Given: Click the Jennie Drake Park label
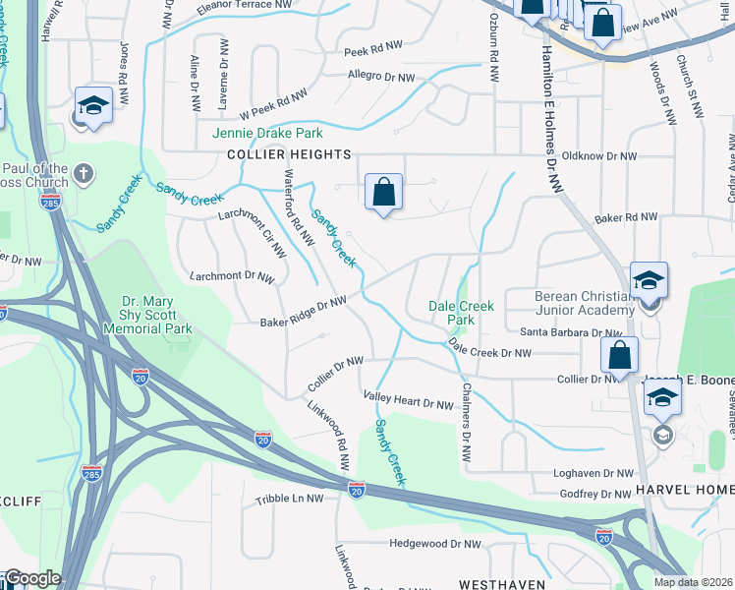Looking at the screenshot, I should point(268,133).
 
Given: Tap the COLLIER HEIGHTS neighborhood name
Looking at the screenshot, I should point(289,155).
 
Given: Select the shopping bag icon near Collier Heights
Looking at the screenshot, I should point(383,192).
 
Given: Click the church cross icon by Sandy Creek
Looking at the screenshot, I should point(84,174).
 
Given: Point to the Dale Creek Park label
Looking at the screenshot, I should point(461,313).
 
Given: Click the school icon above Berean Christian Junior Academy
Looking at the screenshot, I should point(649,280).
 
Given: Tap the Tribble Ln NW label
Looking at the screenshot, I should point(289,499).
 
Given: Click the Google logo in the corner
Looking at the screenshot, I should point(31,578).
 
